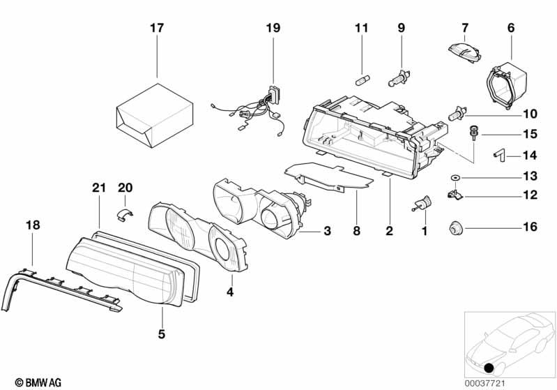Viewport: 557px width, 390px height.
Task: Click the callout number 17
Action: click(x=157, y=29)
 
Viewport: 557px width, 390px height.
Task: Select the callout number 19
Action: click(x=273, y=29)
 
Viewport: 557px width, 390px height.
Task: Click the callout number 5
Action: click(x=161, y=334)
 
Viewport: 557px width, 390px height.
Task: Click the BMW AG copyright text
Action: click(x=33, y=382)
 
